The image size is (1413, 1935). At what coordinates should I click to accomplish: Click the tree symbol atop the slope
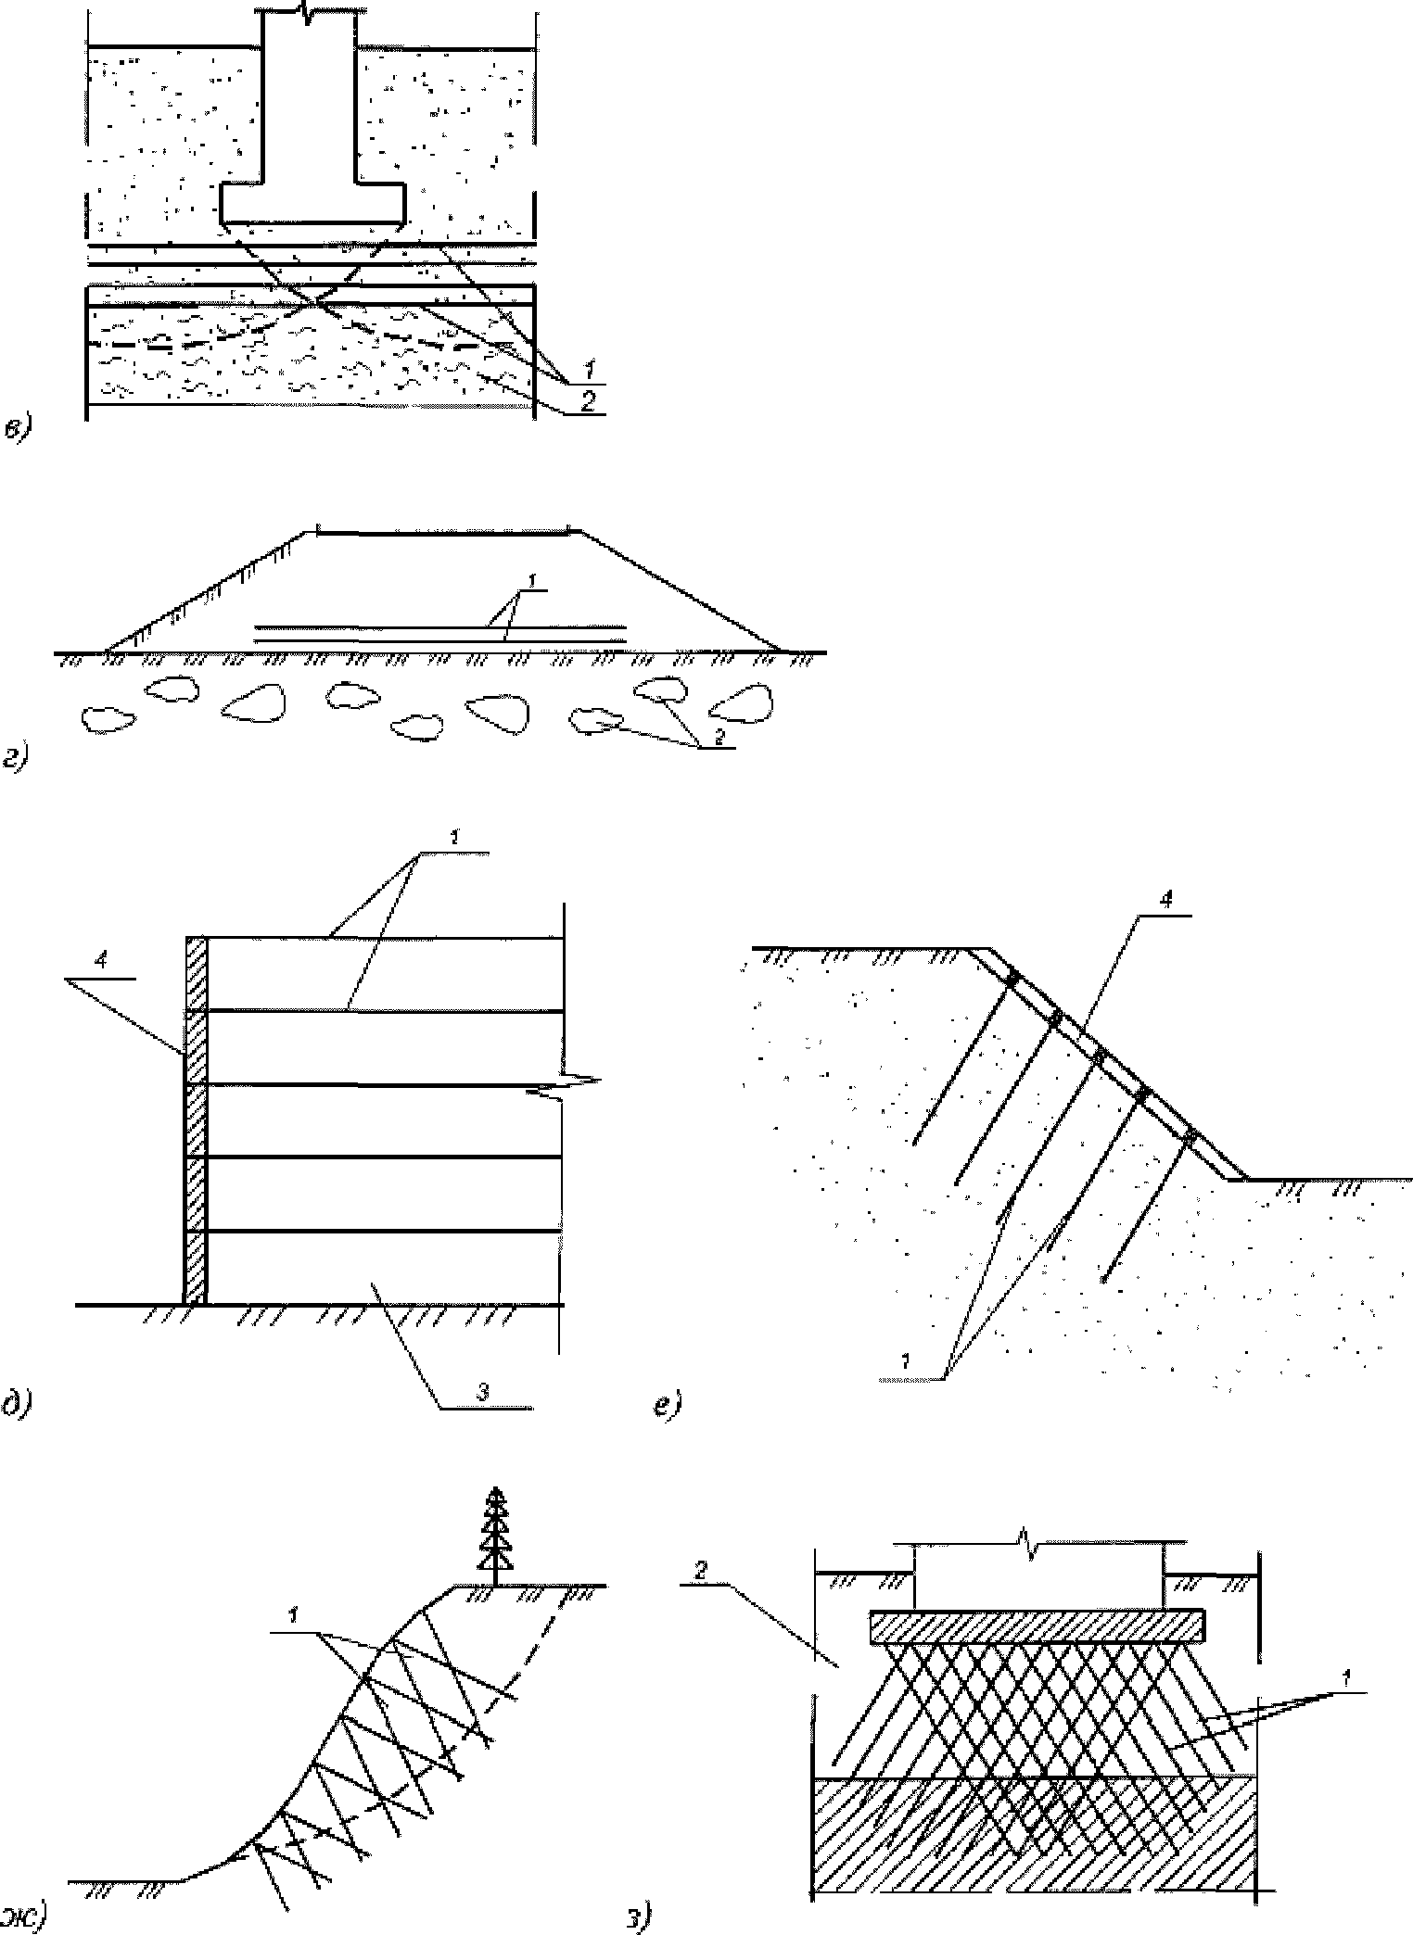[x=499, y=1535]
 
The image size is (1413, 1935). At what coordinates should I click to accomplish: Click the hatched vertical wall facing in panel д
[x=196, y=1121]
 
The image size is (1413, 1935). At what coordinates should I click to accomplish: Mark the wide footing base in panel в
[x=312, y=203]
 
